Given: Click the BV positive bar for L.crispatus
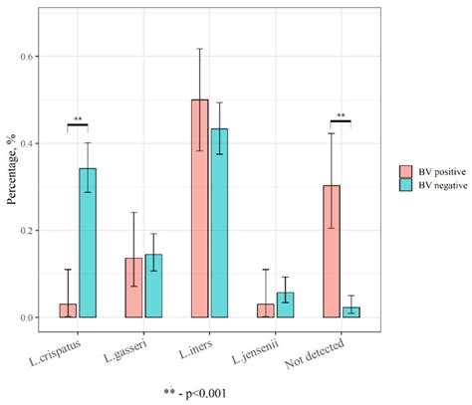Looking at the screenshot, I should (67, 310).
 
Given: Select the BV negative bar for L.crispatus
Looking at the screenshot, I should (88, 243).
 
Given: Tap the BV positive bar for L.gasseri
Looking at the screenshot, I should (133, 288).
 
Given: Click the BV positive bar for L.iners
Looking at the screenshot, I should (200, 208).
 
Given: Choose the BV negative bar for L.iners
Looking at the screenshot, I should (220, 223).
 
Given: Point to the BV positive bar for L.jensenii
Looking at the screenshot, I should (266, 310).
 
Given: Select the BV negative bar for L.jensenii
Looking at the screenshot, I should (287, 304).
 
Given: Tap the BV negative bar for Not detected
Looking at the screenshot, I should (353, 311).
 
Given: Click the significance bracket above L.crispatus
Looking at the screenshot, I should (78, 124).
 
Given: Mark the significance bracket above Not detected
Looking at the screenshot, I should (343, 124).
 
